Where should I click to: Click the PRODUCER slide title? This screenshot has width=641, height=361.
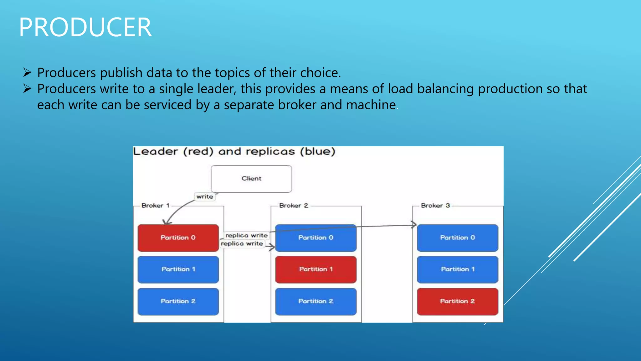tap(85, 28)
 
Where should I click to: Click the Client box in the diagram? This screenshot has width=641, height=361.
tap(251, 179)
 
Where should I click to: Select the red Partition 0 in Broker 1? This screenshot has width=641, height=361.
tap(178, 238)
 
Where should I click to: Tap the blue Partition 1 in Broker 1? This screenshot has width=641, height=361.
tap(178, 269)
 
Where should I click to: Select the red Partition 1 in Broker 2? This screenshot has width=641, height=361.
tap(316, 269)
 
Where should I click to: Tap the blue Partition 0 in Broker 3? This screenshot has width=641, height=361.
tap(457, 238)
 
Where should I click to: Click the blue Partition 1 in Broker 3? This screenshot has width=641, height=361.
tap(457, 269)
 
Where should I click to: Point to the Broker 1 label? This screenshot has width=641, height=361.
tap(156, 206)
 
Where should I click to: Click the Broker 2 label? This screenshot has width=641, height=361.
tap(294, 206)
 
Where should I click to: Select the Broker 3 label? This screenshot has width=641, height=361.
tap(435, 206)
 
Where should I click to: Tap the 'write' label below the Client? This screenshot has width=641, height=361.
tap(205, 197)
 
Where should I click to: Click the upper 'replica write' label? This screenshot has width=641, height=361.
tap(246, 235)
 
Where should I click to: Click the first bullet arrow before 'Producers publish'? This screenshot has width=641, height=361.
tap(27, 73)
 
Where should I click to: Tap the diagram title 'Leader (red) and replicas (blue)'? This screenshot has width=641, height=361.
tap(234, 152)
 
